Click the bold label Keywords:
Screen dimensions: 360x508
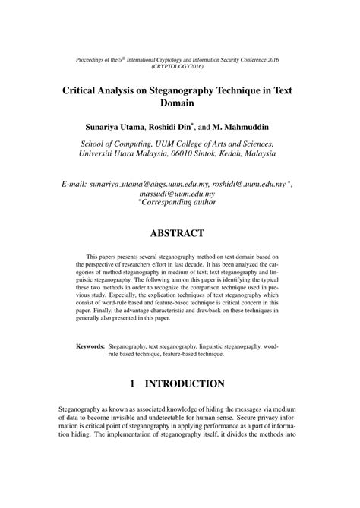tap(90, 346)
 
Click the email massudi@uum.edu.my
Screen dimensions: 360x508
tap(180, 194)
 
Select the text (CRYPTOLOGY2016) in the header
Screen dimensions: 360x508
tap(180, 65)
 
